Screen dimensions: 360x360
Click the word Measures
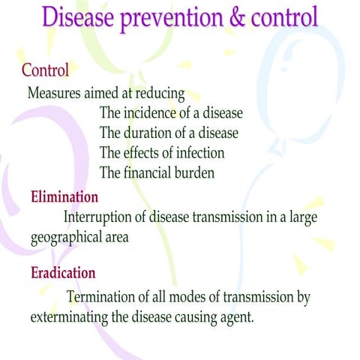(x=54, y=94)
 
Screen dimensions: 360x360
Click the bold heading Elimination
(x=64, y=197)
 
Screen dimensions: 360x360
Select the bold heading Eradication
(x=63, y=272)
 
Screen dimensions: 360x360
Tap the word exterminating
(x=69, y=316)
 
